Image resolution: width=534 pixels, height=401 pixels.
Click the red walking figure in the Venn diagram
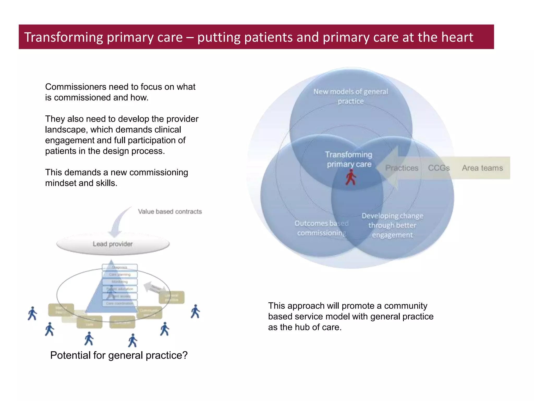[x=351, y=177]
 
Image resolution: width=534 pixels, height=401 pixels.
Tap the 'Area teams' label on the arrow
[x=482, y=168]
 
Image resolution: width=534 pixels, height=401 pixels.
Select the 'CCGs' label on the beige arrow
[x=439, y=168]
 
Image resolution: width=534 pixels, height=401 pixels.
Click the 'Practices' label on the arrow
[x=402, y=168]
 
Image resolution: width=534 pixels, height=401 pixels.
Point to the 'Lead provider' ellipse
[x=113, y=244]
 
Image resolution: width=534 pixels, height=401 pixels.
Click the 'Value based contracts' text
[x=170, y=211]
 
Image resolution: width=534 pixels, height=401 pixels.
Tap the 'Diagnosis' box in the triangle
[x=120, y=267]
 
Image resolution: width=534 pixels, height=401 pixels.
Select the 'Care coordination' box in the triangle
[x=120, y=303]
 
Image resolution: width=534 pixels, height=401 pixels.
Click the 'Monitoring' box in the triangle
[x=120, y=282]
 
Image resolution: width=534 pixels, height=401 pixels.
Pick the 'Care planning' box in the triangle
[x=120, y=274]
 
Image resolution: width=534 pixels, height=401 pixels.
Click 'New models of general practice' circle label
[x=351, y=96]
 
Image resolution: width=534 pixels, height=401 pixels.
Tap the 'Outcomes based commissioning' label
[x=321, y=228]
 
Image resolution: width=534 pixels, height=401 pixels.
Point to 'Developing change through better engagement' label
[x=392, y=225]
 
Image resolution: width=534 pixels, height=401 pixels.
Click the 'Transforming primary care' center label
[x=349, y=159]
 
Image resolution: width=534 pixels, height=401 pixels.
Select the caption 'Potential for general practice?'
[x=119, y=355]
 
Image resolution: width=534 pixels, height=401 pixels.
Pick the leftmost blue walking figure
[x=32, y=314]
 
